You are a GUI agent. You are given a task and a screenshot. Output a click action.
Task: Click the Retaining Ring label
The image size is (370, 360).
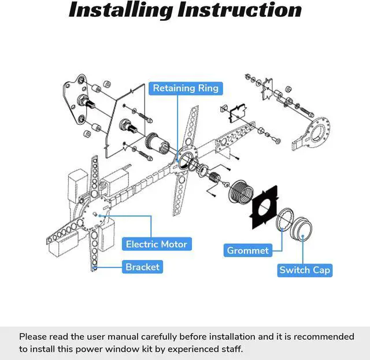tap(186, 88)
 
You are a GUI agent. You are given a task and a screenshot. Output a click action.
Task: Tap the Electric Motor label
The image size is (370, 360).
tap(157, 244)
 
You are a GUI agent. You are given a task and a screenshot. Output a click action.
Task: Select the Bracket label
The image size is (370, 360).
tap(142, 266)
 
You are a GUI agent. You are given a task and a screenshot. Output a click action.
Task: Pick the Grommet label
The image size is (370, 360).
tap(247, 250)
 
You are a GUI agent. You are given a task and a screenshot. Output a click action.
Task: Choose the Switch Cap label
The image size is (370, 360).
tap(305, 270)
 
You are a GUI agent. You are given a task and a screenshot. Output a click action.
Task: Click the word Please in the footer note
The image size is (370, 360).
tap(34, 336)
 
